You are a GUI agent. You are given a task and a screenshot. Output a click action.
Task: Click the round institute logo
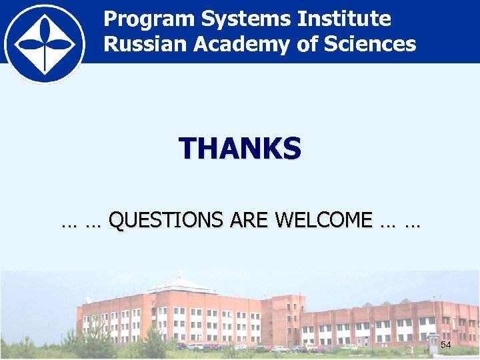pyautogui.click(x=45, y=41)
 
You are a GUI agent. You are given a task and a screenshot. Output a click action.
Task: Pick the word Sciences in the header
pyautogui.click(x=377, y=45)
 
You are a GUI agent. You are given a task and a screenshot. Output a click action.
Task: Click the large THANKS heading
pyautogui.click(x=239, y=149)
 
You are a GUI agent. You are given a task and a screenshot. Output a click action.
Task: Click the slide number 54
pyautogui.click(x=446, y=345)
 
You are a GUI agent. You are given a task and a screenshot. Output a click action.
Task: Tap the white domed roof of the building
pyautogui.click(x=179, y=285)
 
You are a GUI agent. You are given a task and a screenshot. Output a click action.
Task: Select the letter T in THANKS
pyautogui.click(x=187, y=149)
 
